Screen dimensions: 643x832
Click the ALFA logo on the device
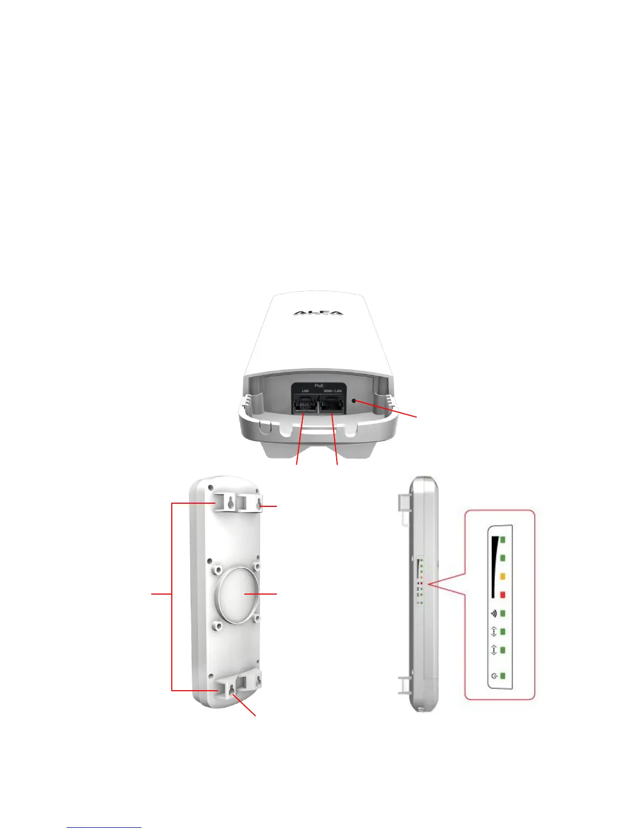[x=318, y=313]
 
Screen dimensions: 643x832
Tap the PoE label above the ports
[x=319, y=386]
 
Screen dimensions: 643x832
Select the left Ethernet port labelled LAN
[x=304, y=404]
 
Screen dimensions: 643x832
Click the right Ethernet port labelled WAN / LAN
[x=331, y=404]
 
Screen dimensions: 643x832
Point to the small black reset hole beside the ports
[x=356, y=401]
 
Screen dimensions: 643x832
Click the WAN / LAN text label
[x=332, y=391]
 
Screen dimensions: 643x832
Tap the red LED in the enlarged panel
[x=503, y=595]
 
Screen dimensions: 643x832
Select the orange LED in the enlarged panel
[x=503, y=576]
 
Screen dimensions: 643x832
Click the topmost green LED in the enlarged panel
[x=503, y=539]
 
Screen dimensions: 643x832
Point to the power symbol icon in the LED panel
[x=494, y=676]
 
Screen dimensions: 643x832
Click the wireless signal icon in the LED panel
[x=494, y=613]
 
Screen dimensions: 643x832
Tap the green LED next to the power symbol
[x=503, y=676]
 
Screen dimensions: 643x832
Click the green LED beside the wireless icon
[x=503, y=613]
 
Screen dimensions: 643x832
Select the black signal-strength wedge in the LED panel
[x=494, y=567]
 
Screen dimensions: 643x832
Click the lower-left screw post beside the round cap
[x=217, y=626]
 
